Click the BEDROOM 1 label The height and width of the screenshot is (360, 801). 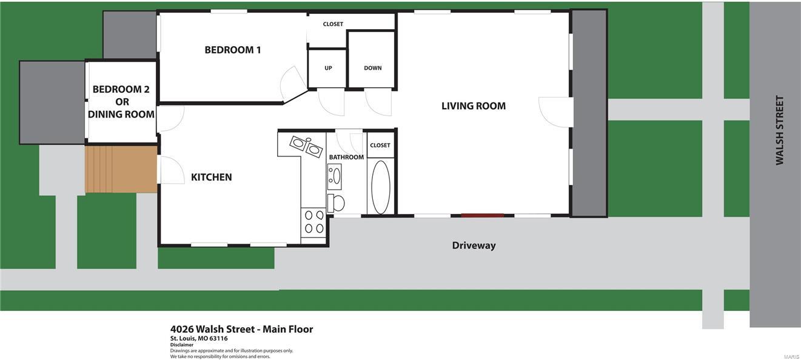click(233, 50)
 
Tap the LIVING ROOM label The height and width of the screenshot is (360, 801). click(473, 106)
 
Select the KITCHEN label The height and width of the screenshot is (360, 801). click(211, 178)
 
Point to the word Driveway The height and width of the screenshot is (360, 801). click(474, 245)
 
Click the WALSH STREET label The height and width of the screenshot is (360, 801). click(780, 130)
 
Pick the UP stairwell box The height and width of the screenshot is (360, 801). click(328, 68)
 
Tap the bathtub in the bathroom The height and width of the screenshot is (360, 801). click(381, 187)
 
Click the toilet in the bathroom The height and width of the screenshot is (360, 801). click(336, 203)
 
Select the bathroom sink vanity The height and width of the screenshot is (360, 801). click(335, 176)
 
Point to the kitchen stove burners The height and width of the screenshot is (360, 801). click(313, 221)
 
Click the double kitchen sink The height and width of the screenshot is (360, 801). click(306, 146)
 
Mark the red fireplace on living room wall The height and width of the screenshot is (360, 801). click(482, 215)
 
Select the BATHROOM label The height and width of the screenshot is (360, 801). click(346, 158)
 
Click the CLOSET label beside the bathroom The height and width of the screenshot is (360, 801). click(380, 145)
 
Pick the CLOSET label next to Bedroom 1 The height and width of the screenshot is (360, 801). click(333, 24)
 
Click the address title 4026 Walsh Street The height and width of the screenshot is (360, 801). click(241, 330)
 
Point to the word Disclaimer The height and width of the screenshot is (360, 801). click(182, 345)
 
